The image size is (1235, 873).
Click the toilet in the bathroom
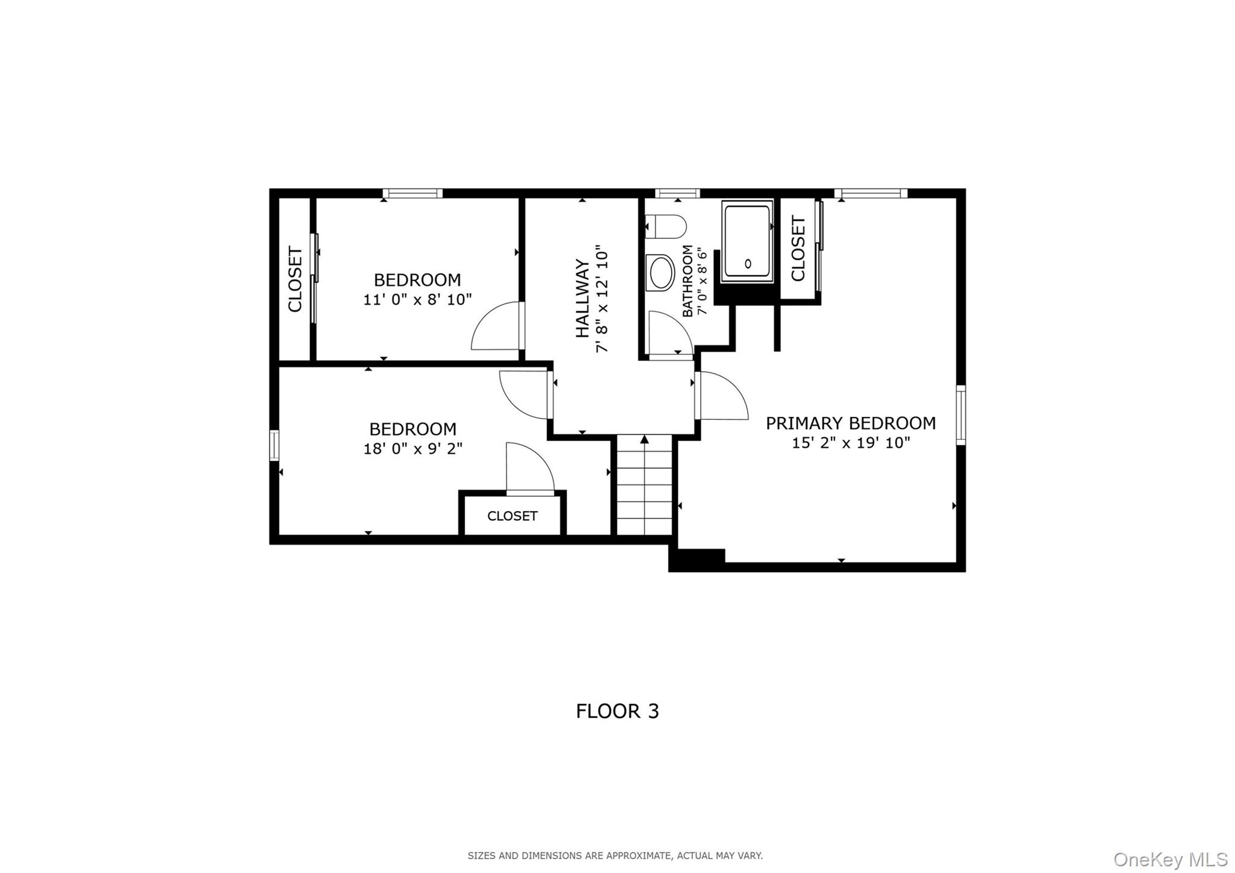pyautogui.click(x=666, y=227)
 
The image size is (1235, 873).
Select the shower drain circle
pyautogui.click(x=748, y=264)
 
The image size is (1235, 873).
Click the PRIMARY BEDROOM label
pyautogui.click(x=850, y=423)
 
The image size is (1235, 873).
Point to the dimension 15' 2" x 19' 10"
pyautogui.click(x=850, y=443)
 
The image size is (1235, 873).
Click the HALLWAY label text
pyautogui.click(x=582, y=298)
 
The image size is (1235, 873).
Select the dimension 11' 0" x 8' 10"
pyautogui.click(x=417, y=299)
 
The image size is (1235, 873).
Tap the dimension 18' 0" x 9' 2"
pyautogui.click(x=412, y=449)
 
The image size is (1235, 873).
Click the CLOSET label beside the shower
pyautogui.click(x=798, y=249)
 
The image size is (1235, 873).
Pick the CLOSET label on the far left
pyautogui.click(x=295, y=279)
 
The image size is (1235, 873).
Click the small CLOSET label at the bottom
pyautogui.click(x=512, y=516)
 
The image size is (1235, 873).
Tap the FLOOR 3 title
pyautogui.click(x=617, y=711)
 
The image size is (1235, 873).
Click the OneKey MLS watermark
pyautogui.click(x=1170, y=859)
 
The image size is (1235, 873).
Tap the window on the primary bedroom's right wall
pyautogui.click(x=961, y=415)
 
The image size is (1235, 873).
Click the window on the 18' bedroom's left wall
pyautogui.click(x=274, y=445)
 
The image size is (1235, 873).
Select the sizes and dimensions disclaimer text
pyautogui.click(x=615, y=856)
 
